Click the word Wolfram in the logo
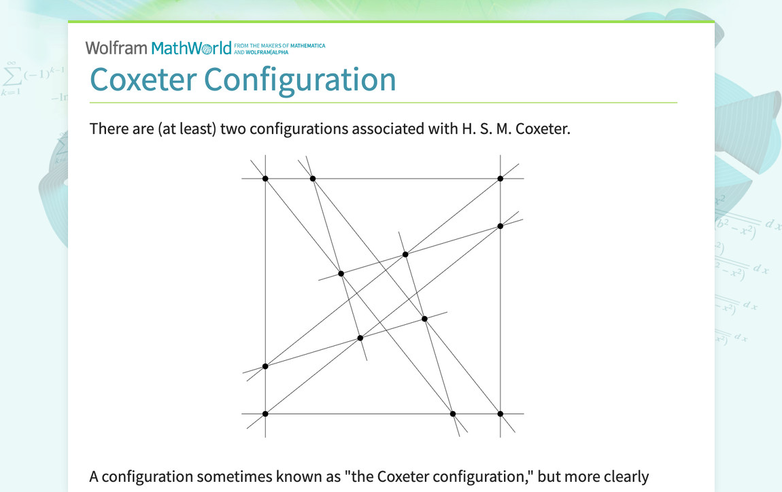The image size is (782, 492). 116,48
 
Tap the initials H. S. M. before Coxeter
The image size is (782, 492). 482,128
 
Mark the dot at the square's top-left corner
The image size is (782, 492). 265,179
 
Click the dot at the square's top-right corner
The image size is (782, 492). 500,179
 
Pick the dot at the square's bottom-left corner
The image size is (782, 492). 265,414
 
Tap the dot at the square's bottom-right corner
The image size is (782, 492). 500,414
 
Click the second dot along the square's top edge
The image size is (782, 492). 313,179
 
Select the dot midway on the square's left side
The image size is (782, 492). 265,366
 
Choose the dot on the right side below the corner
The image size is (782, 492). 500,226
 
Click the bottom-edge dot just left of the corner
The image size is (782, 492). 453,414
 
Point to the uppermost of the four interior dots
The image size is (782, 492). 405,254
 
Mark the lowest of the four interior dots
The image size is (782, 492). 360,338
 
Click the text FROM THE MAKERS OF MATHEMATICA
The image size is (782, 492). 279,46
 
